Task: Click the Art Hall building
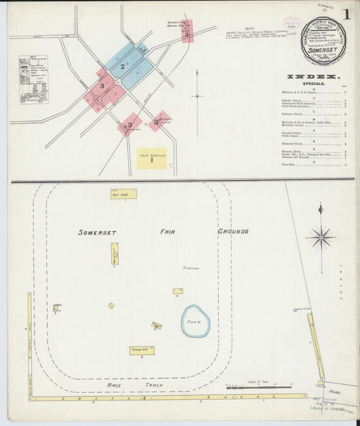tap(124, 194)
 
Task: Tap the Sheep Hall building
tap(142, 350)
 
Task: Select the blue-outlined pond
tap(195, 321)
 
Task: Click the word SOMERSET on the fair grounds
tap(97, 232)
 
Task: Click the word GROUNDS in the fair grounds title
tap(232, 231)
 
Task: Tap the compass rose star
tap(321, 237)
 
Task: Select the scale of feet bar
tap(257, 388)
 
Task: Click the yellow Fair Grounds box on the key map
tap(151, 159)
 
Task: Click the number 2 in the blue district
tap(122, 66)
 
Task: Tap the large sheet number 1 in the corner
tap(346, 14)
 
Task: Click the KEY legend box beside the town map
tap(33, 79)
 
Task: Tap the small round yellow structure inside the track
tap(111, 305)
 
